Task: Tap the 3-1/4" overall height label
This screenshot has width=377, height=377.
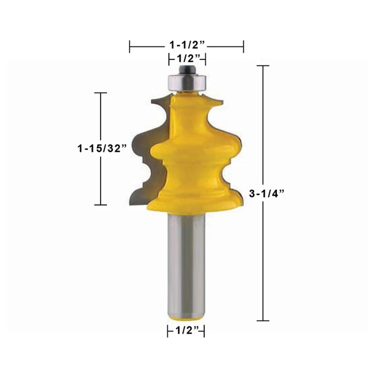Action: [267, 194]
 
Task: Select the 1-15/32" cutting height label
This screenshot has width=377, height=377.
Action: [102, 148]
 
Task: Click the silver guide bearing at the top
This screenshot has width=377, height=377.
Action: [187, 83]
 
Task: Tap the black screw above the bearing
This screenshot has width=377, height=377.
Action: [187, 70]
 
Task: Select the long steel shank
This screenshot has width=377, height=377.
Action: [187, 264]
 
